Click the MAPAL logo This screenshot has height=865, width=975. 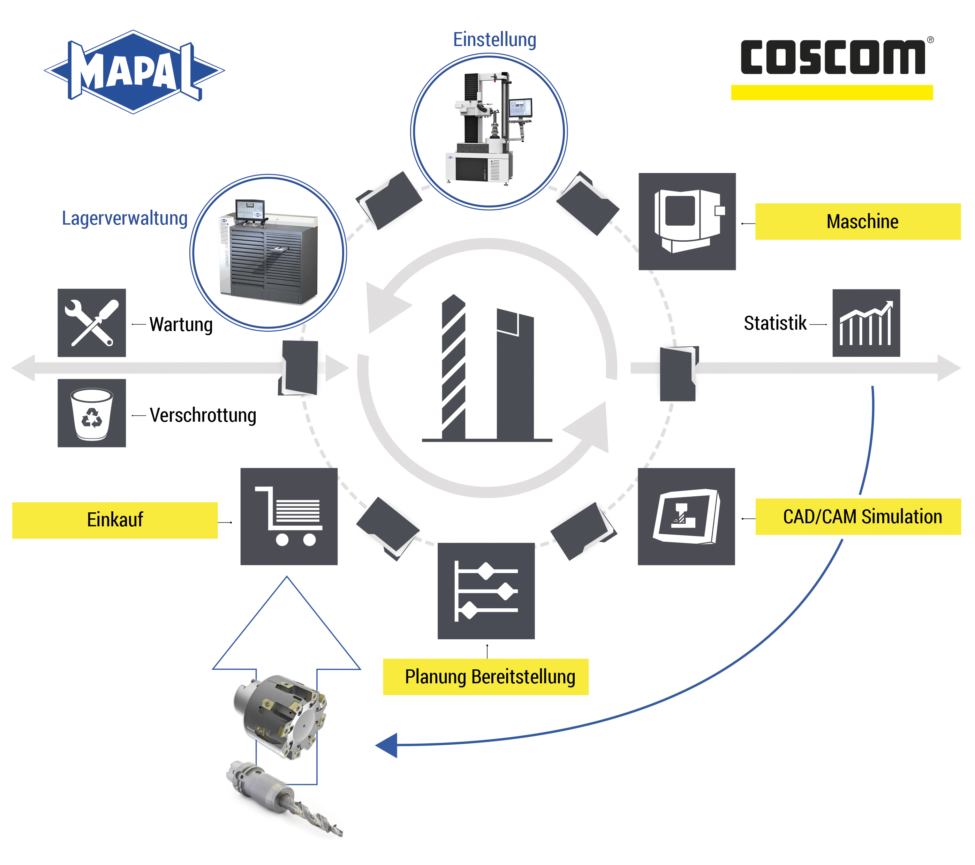tap(134, 72)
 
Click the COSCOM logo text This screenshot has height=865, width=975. tap(832, 57)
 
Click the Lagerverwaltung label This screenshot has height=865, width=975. tap(124, 218)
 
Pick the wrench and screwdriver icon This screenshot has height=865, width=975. tap(92, 323)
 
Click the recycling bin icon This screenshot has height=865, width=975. tap(92, 413)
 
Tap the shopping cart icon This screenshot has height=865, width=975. tap(289, 516)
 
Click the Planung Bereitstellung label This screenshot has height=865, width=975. tap(486, 677)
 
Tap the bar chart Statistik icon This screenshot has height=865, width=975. tap(866, 323)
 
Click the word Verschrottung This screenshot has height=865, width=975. tap(203, 415)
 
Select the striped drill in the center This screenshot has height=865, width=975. tap(453, 367)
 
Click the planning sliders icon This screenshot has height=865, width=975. tap(486, 591)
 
